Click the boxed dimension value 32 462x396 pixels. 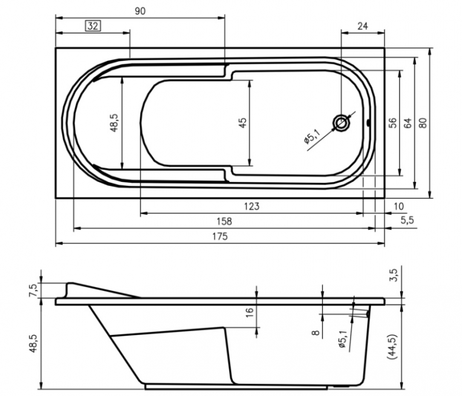click(x=93, y=26)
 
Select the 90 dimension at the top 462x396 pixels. click(x=140, y=11)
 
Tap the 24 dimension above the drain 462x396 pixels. click(x=363, y=26)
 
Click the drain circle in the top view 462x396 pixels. click(x=341, y=123)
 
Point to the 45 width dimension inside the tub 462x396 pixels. click(x=243, y=122)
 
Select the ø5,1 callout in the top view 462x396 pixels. click(x=312, y=137)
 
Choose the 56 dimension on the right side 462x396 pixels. click(x=393, y=123)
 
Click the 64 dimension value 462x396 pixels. click(x=407, y=123)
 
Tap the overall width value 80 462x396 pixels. click(x=423, y=123)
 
